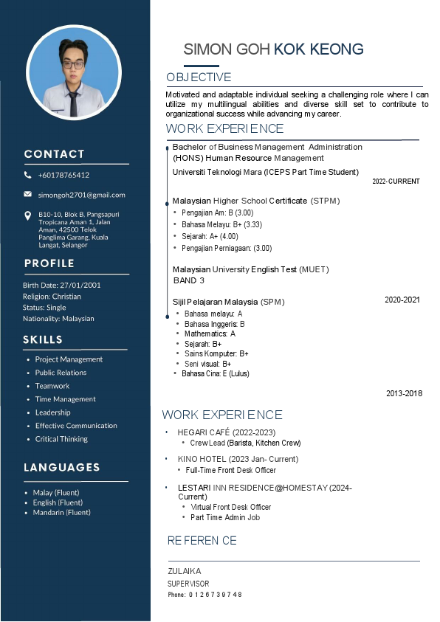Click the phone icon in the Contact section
coord(28,175)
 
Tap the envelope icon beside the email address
coord(28,194)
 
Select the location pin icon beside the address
coord(28,215)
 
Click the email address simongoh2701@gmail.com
coord(82,195)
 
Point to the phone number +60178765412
coord(63,175)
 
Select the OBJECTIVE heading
coord(199,77)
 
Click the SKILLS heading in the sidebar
coord(43,339)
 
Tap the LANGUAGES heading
coord(61,467)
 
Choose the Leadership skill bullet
coord(53,412)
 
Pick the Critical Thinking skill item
coord(61,439)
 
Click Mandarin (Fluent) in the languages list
coord(62,512)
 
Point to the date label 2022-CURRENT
coord(396,182)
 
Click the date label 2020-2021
coord(402,300)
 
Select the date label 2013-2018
coord(404,393)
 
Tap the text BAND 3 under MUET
coord(188,281)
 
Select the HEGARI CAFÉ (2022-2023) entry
coord(226,432)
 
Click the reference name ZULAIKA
coord(184,571)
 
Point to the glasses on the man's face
coord(73,64)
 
